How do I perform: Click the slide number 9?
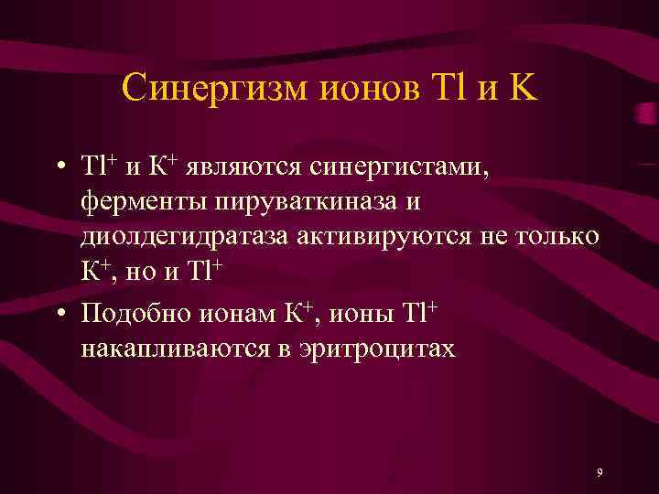599,472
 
